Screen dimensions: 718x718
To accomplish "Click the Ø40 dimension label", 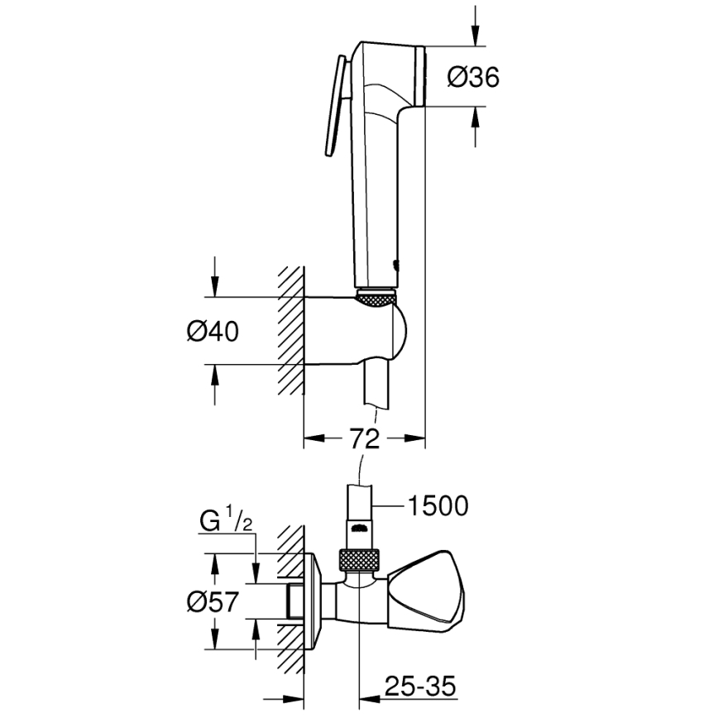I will click(x=213, y=331).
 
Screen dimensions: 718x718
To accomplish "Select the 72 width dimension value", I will click(x=364, y=438).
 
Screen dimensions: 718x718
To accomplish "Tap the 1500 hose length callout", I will click(x=438, y=504).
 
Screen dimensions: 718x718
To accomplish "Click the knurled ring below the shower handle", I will click(x=377, y=295).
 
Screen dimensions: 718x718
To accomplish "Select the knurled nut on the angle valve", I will click(x=361, y=559).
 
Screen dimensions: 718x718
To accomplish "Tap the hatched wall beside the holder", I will click(x=290, y=331).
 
